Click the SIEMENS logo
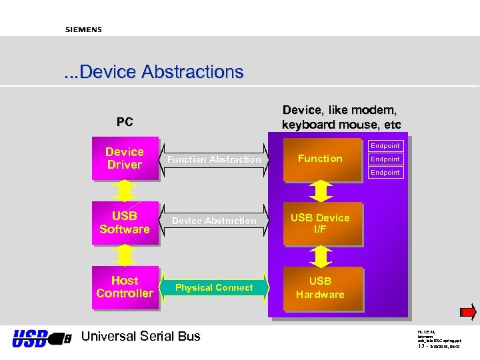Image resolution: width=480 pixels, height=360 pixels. click(x=83, y=29)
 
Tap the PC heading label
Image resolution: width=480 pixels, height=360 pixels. click(x=125, y=122)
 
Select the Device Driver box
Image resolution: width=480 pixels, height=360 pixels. click(x=125, y=159)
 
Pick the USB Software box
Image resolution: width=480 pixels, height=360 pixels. click(x=125, y=223)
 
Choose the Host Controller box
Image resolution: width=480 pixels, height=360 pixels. click(x=125, y=287)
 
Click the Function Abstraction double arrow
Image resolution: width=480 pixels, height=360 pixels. click(x=214, y=159)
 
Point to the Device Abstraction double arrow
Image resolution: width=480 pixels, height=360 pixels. click(x=214, y=221)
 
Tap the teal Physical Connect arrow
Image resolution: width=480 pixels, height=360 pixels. click(x=214, y=287)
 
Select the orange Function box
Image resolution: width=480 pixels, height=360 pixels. click(x=320, y=159)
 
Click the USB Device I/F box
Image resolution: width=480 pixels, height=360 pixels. click(x=320, y=223)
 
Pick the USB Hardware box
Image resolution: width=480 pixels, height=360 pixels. click(x=320, y=288)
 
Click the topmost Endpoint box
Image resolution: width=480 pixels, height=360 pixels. click(x=385, y=145)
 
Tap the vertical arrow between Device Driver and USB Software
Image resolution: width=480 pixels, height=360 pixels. click(x=125, y=191)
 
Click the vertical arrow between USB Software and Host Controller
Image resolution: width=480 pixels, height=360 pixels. click(x=125, y=255)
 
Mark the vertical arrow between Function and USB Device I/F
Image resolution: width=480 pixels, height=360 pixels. click(x=321, y=191)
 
